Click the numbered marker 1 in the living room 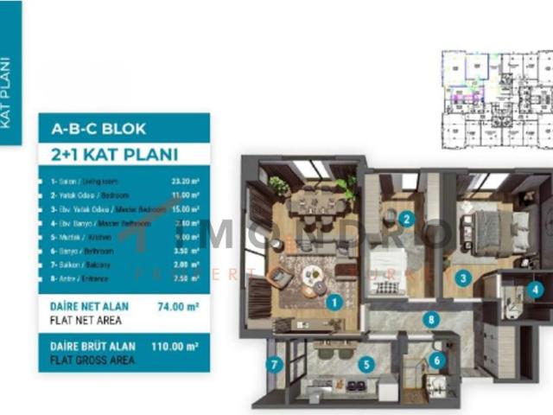[x=333, y=302]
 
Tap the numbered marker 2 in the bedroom [x=406, y=219]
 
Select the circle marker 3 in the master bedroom [x=463, y=278]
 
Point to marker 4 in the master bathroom [x=537, y=290]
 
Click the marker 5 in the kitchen [x=366, y=365]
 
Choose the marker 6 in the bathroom [x=436, y=361]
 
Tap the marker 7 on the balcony [x=274, y=365]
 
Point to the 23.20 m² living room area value [x=186, y=182]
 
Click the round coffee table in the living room [x=312, y=276]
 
